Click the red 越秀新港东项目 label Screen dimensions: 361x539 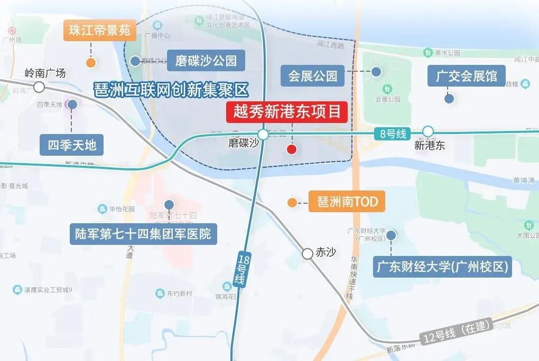pos(287,112)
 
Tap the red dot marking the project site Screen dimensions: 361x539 pos(292,149)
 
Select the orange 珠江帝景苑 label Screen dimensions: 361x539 pos(100,31)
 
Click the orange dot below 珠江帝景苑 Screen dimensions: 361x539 pos(91,63)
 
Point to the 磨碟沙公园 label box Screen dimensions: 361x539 pos(206,61)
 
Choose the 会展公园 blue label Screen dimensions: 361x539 pos(313,76)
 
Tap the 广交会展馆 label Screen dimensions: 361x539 pos(467,76)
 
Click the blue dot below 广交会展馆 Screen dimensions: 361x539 pos(449,99)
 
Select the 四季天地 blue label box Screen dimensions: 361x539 pos(72,145)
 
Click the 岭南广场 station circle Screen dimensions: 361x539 pos(39,87)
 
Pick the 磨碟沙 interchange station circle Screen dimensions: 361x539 pos(263,134)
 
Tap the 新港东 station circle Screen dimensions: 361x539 pos(428,131)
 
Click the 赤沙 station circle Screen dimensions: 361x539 pos(308,254)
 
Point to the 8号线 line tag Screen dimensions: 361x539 pos(393,134)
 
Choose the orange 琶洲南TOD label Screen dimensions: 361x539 pos(347,202)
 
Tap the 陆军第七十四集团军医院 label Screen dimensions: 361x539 pos(144,233)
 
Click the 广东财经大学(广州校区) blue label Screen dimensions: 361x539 pos(443,267)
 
